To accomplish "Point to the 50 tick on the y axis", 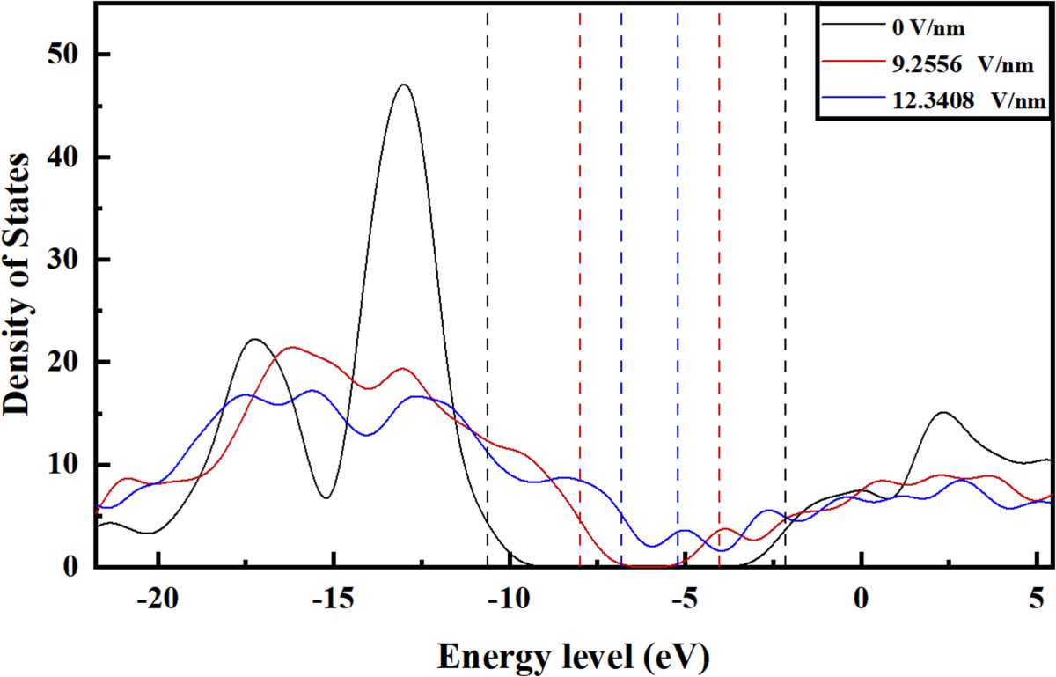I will [67, 55].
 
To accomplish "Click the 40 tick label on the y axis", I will [67, 158].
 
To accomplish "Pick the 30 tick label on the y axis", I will [67, 260].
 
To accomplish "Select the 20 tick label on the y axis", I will [67, 362].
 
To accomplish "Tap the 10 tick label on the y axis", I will [67, 465].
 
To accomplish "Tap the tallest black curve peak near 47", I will [404, 85].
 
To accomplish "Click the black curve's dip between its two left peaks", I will [326, 497].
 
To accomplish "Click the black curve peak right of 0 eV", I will [942, 412].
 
